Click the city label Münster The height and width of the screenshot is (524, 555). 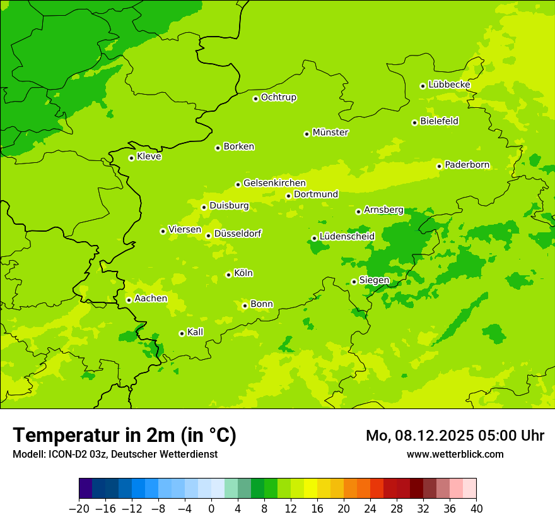tap(330, 133)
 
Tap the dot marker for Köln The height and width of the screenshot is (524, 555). tap(228, 275)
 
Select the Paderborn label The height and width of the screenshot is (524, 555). tap(467, 165)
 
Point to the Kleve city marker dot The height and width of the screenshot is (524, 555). tap(131, 158)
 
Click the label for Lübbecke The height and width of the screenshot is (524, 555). tap(449, 85)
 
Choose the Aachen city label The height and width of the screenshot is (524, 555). tap(151, 299)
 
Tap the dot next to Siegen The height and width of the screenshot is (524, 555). tap(354, 282)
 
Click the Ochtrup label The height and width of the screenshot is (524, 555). tap(279, 97)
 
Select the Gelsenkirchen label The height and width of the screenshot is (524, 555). tap(274, 183)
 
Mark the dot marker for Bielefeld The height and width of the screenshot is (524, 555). tap(414, 122)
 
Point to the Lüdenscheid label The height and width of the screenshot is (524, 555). tap(347, 237)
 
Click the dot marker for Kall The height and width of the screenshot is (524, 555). tap(182, 333)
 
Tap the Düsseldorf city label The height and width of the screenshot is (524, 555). tap(238, 234)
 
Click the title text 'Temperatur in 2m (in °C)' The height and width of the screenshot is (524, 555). tap(124, 435)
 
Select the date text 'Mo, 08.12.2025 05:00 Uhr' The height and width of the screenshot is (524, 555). tap(455, 436)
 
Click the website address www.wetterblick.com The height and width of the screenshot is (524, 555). tap(455, 454)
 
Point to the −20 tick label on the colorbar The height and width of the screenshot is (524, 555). tap(79, 509)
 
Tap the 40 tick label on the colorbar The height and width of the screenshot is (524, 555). tap(476, 509)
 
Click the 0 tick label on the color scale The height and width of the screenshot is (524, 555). tap(211, 509)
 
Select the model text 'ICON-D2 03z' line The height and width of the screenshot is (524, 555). tap(115, 454)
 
